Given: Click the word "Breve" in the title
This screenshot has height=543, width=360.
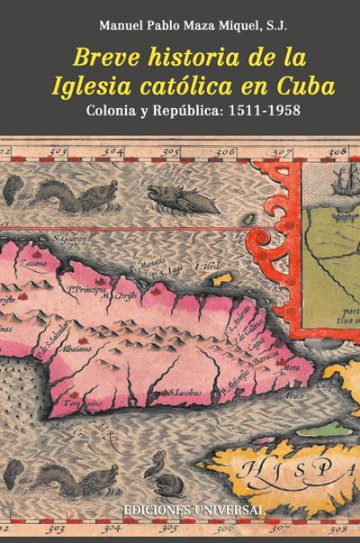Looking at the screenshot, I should (x=109, y=58).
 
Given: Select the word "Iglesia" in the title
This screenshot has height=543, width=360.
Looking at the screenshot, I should (x=108, y=86).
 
